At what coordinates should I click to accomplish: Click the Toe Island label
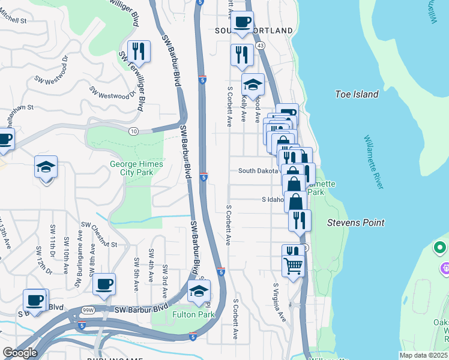point(357,94)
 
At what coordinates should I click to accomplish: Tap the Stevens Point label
point(355,223)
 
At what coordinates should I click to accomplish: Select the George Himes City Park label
point(131,168)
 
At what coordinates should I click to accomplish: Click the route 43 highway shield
point(260,45)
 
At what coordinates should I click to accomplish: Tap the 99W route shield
point(88,310)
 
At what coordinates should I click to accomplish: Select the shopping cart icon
point(292,266)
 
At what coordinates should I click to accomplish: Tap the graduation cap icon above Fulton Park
point(199,292)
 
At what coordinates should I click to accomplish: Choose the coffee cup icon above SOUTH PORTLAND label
point(242,22)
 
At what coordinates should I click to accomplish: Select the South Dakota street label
point(259,171)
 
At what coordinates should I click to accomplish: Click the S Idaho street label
point(273,199)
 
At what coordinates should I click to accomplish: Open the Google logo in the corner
point(20,352)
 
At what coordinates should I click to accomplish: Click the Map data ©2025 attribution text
point(424,355)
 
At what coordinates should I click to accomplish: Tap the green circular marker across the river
point(440,247)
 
